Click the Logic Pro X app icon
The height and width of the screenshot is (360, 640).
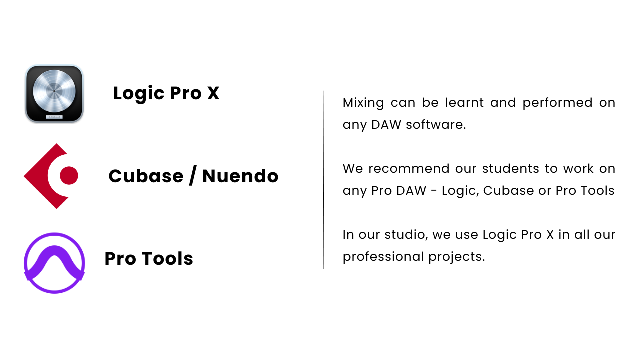point(54,94)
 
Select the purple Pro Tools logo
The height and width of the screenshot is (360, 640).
point(54,263)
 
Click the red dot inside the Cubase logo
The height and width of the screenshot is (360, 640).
point(69,175)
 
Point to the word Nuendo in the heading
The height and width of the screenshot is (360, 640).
point(240,176)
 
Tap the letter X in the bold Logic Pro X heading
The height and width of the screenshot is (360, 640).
point(213,93)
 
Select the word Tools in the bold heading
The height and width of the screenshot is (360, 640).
point(167,258)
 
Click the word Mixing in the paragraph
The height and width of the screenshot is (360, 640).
point(363,103)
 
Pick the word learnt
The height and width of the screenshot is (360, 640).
point(464,102)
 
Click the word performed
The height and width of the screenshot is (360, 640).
point(557,103)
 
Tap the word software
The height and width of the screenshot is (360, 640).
point(436,124)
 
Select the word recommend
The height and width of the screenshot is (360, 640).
point(409,169)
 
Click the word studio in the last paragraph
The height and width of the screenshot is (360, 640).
point(406,235)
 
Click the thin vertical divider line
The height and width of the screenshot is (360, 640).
point(323,180)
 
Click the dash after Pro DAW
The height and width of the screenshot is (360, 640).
point(434,191)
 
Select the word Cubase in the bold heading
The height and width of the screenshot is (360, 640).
point(146,176)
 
